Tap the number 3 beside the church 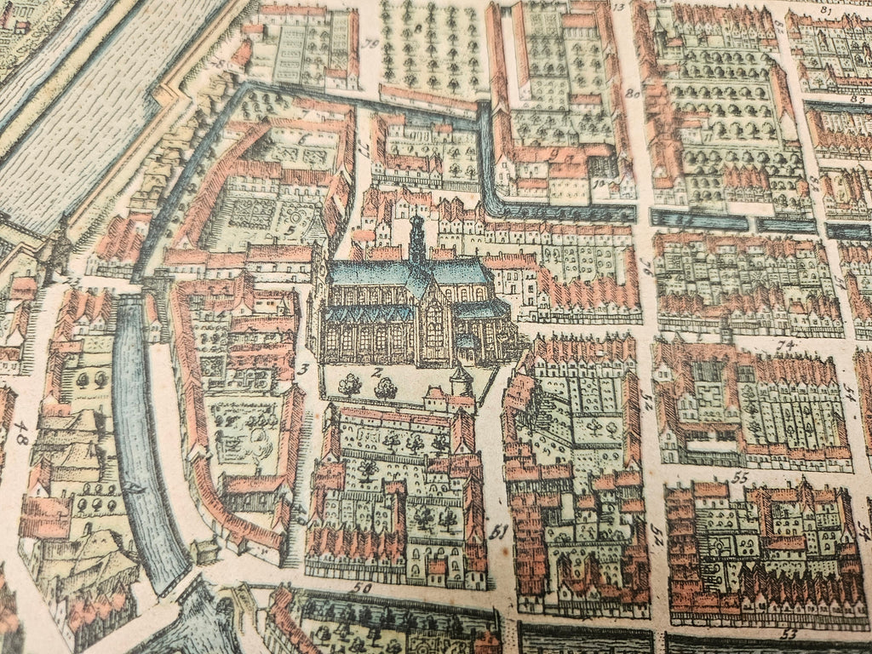[x=303, y=369]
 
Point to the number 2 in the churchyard [x=374, y=372]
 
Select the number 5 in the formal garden [x=290, y=230]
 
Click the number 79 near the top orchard [x=370, y=44]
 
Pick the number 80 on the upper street [x=633, y=94]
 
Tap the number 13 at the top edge [x=618, y=7]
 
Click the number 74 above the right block [x=783, y=345]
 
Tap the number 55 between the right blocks [x=739, y=478]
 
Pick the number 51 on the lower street [x=500, y=534]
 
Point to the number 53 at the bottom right [x=788, y=633]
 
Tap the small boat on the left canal [x=134, y=487]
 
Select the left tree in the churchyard [x=349, y=385]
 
